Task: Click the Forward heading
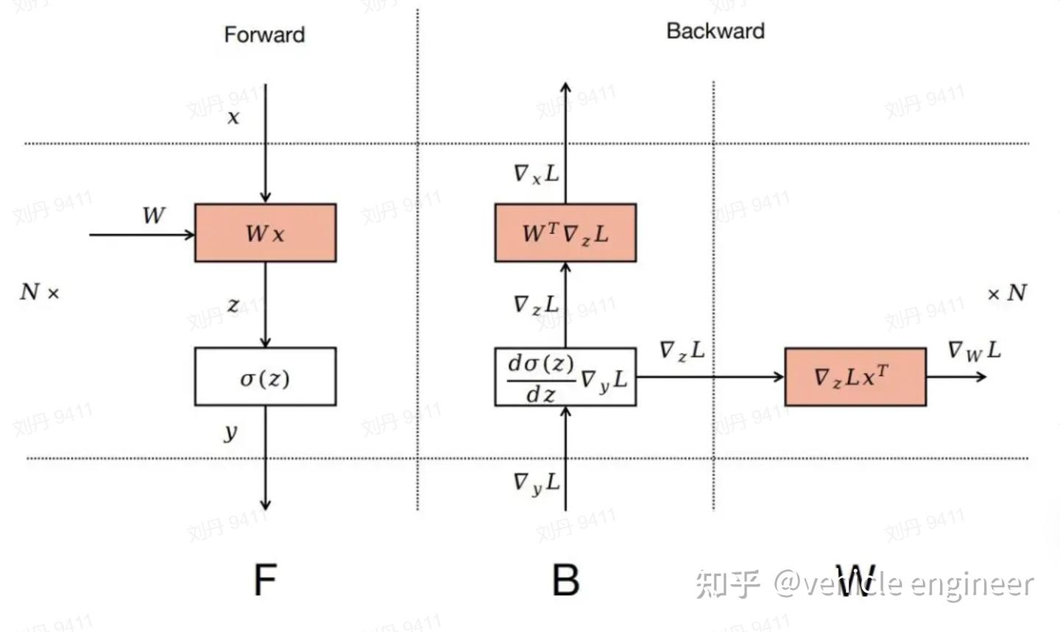click(x=264, y=35)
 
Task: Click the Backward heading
click(x=715, y=31)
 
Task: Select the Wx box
click(x=265, y=233)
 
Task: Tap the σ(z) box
click(x=265, y=377)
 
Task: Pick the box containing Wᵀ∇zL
click(x=565, y=233)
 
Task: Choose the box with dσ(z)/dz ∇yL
click(x=565, y=377)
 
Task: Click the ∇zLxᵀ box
click(x=855, y=377)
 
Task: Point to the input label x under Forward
click(x=233, y=117)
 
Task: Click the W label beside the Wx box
click(x=153, y=216)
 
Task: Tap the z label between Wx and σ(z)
click(x=233, y=305)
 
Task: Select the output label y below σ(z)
click(x=231, y=432)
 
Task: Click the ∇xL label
click(x=536, y=174)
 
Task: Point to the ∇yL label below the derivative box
click(x=536, y=483)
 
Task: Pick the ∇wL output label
click(x=974, y=351)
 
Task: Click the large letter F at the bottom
click(x=264, y=580)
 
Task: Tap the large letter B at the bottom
click(x=565, y=580)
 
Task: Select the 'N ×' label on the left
click(x=39, y=293)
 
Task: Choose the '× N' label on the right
click(x=1006, y=293)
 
